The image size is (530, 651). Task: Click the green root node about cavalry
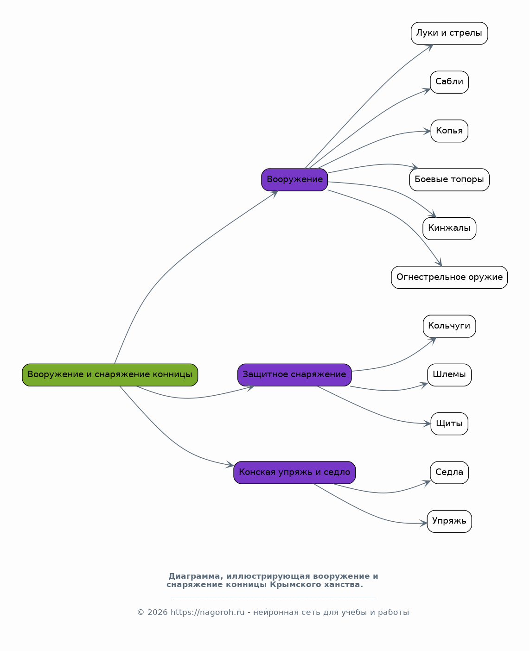110,375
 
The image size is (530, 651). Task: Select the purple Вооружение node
294,180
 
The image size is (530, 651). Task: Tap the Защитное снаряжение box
294,375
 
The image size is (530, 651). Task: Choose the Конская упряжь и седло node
294,473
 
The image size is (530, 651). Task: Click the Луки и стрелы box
449,33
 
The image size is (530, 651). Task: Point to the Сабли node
449,82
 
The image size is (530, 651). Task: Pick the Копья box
449,131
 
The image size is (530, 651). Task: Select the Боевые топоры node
449,180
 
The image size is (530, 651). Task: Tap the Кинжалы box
449,228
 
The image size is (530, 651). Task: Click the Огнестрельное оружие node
449,277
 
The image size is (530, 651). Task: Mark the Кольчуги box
449,326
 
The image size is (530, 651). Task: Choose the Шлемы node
449,375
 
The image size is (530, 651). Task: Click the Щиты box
449,423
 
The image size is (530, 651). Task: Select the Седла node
449,473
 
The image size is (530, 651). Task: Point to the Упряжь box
449,521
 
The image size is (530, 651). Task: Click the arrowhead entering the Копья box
427,131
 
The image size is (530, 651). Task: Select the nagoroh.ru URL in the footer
207,612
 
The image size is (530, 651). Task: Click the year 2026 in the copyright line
158,612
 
